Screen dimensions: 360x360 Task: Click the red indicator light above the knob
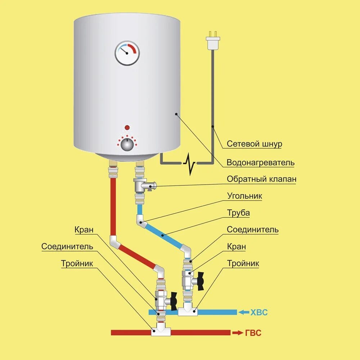tap(127, 128)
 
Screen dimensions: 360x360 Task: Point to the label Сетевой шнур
tap(254, 144)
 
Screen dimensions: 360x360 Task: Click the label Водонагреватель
tap(260, 163)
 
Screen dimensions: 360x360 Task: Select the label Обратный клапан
tap(262, 179)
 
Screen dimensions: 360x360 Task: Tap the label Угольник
tap(244, 196)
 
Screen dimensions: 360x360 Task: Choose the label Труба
tap(238, 213)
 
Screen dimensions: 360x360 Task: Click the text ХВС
tap(259, 312)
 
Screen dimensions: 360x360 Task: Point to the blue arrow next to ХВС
tap(244, 312)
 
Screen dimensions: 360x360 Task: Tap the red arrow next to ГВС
tap(238, 333)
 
